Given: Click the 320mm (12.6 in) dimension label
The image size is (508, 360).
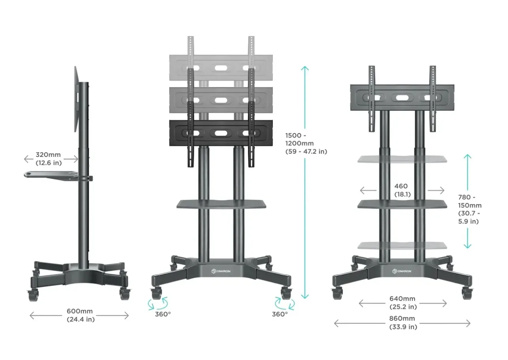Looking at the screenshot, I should coord(51,158).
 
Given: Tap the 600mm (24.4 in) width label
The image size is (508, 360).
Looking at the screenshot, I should coord(81,315).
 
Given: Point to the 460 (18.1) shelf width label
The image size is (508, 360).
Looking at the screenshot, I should coord(401,190).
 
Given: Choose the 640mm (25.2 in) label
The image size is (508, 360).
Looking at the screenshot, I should coord(403,303).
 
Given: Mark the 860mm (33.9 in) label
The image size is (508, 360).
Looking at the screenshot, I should coord(403,322).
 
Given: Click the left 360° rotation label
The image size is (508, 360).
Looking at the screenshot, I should coord(163,314).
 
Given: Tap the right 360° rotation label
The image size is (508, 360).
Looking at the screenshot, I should coord(280,314).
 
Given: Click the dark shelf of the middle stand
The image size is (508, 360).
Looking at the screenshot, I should coord(221,204).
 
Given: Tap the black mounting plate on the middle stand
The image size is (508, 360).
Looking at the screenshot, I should coord(221,134).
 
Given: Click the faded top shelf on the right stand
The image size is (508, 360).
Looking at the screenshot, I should coord(402,159).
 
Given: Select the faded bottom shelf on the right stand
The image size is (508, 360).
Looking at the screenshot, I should coord(402,245).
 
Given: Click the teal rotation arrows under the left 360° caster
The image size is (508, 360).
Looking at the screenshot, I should coord(158,304).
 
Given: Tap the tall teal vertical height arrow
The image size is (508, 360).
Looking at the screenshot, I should coord(305,182).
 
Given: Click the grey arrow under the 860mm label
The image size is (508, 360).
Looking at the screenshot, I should coord(402,323).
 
